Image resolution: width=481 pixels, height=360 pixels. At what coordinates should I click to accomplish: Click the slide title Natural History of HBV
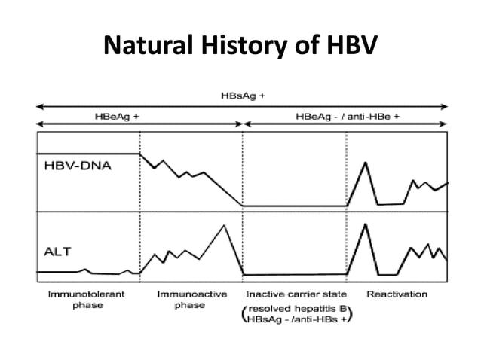(240, 47)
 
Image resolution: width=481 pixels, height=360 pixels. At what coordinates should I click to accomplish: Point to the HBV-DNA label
(75, 166)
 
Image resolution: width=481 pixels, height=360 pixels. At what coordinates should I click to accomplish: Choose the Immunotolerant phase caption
(87, 299)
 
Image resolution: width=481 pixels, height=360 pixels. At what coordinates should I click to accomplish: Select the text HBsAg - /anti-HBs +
(297, 320)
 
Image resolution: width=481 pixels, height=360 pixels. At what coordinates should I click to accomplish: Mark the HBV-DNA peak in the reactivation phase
(366, 163)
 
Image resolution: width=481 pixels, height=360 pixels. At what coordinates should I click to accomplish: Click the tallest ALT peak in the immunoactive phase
(224, 226)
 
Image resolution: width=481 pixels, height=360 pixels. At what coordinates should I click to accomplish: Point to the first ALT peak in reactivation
(366, 224)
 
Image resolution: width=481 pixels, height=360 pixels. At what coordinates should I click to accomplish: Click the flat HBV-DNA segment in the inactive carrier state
(294, 205)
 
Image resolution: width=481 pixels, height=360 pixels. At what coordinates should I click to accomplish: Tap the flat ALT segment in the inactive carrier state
(294, 275)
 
